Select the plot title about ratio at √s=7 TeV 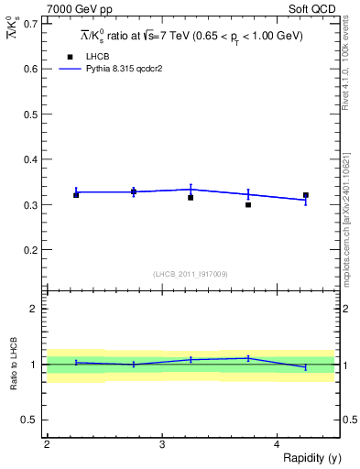click(x=190, y=36)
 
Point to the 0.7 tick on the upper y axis click(x=30, y=23)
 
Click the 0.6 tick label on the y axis click(x=30, y=69)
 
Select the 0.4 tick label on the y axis click(x=30, y=159)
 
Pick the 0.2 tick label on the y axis click(x=30, y=249)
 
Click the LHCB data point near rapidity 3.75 click(x=248, y=205)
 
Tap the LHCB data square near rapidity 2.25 click(x=76, y=195)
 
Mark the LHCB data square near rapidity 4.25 click(x=306, y=195)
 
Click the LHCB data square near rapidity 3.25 click(x=191, y=198)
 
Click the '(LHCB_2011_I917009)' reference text click(x=191, y=274)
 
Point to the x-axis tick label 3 click(x=161, y=444)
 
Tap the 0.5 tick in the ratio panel click(x=30, y=420)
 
